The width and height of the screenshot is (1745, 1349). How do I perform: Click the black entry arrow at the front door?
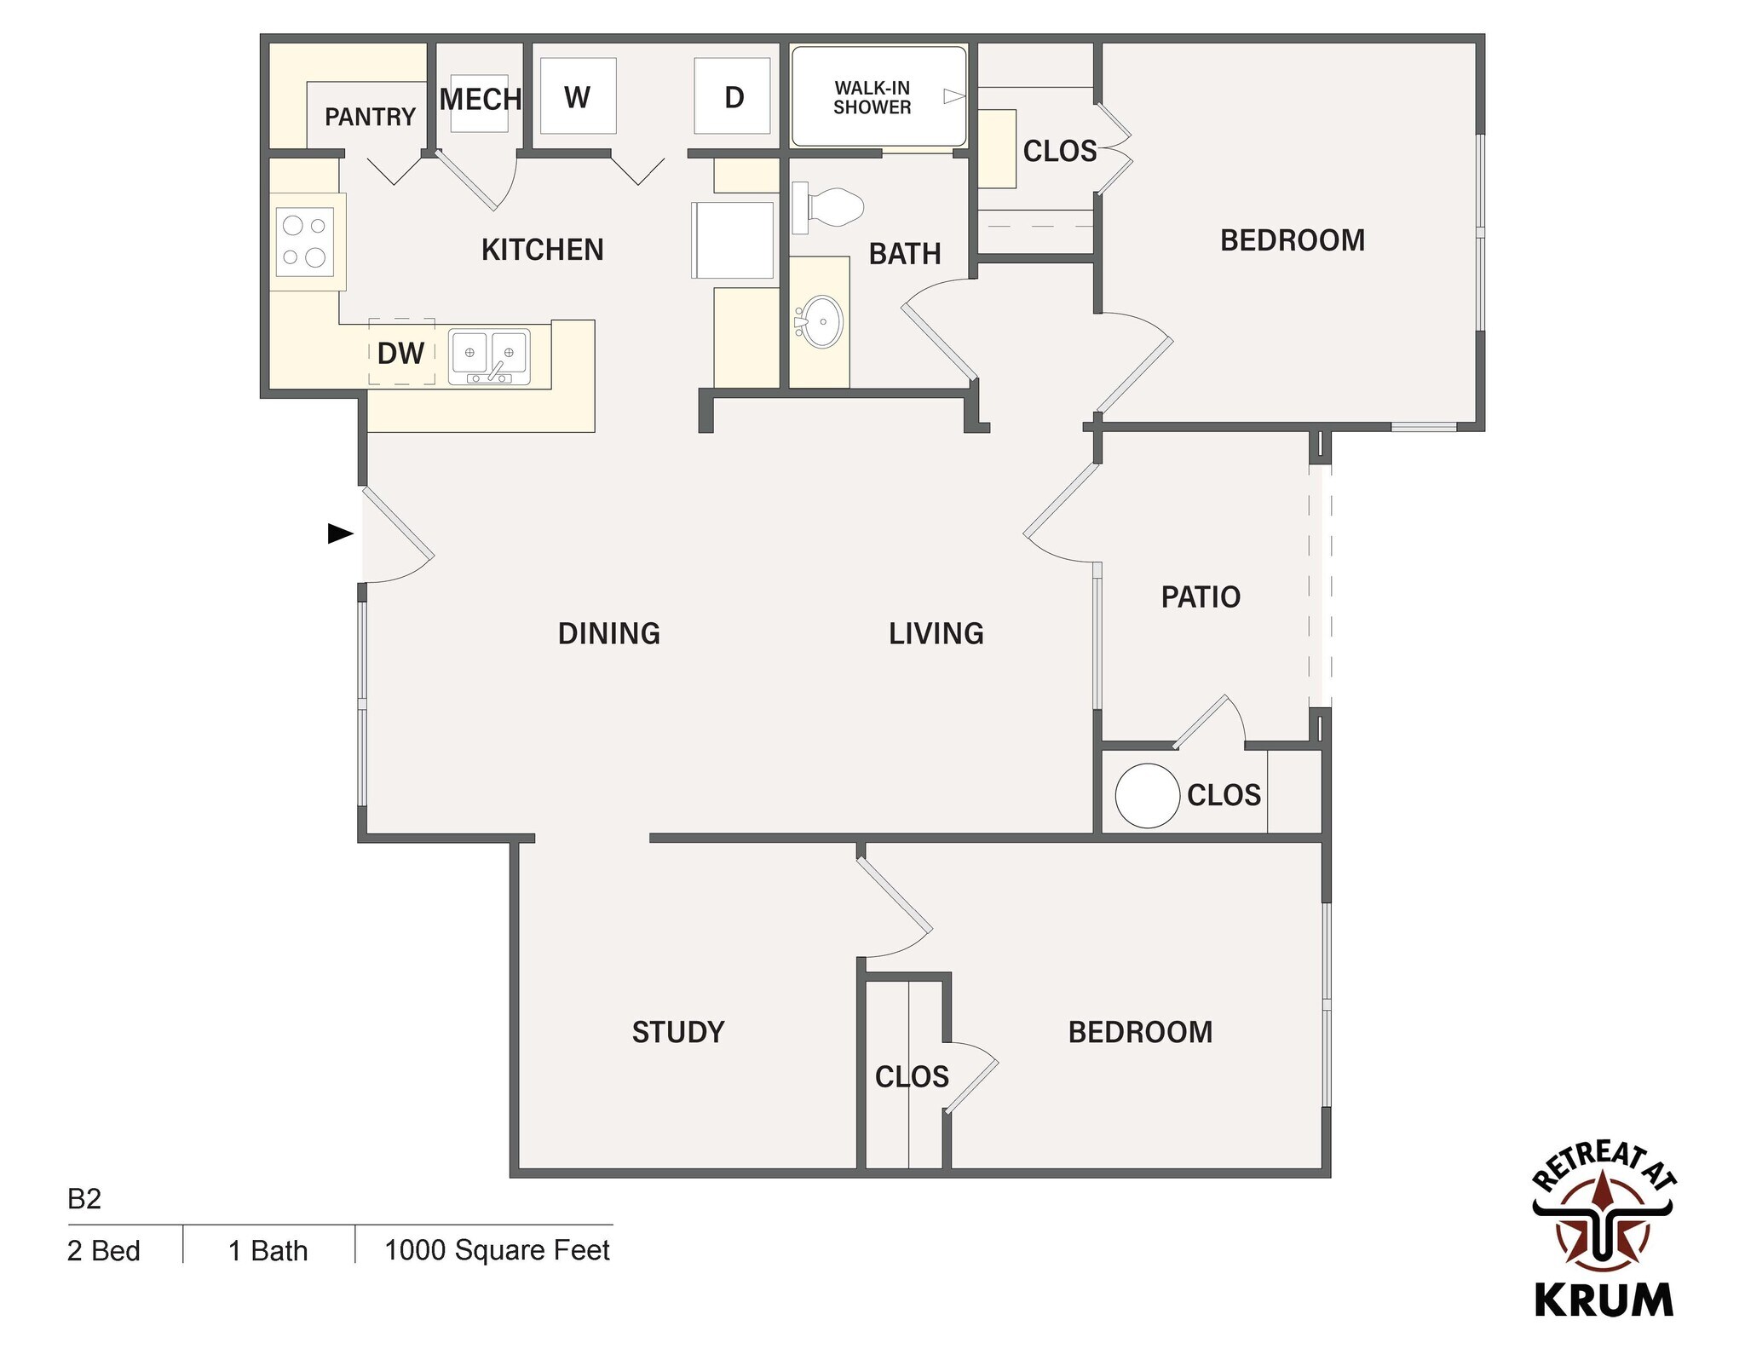pos(340,534)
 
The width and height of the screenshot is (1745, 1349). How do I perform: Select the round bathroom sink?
pos(822,322)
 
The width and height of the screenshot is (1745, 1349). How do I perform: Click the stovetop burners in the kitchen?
pos(305,241)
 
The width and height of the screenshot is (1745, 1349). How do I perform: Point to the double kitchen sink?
pos(489,355)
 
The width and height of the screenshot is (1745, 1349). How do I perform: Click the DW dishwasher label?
pos(400,354)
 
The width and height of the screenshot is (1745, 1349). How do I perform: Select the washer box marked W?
pos(578,96)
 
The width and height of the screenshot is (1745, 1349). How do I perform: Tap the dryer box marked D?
pos(733,96)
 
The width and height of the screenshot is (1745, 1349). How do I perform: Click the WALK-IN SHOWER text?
pos(872,98)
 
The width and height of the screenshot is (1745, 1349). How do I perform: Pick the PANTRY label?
pos(370,117)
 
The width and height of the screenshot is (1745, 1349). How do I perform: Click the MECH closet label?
pos(480,100)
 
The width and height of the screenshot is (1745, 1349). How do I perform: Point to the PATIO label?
pos(1201,597)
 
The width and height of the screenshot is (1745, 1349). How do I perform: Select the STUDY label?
pos(678,1033)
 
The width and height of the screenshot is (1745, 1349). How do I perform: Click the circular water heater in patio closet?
pos(1147,795)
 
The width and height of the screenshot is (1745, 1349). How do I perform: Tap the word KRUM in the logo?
pos(1604,1300)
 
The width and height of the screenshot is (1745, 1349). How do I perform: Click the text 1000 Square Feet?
pos(497,1250)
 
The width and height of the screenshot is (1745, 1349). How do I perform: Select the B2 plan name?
pos(84,1199)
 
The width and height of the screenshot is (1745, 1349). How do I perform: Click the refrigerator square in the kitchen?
pos(733,240)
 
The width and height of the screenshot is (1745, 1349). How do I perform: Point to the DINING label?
pos(608,634)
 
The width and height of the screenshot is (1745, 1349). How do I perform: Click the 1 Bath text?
pos(268,1251)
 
